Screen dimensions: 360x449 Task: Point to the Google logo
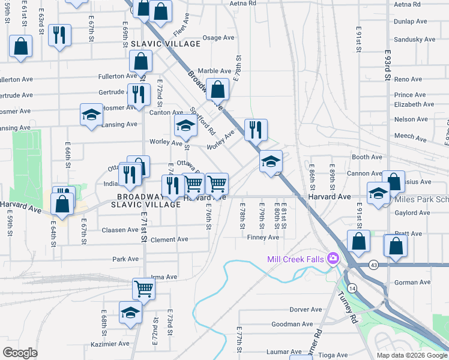coord(20,352)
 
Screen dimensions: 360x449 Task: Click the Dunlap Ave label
coord(411,21)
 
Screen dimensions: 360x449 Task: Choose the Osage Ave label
coord(218,37)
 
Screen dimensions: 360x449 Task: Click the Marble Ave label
coord(214,70)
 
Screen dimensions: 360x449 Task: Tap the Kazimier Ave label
coord(111,344)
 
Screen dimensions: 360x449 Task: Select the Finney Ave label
coord(263,237)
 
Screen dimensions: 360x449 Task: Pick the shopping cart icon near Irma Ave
coord(144,289)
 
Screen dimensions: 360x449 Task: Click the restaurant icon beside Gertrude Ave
coord(139,94)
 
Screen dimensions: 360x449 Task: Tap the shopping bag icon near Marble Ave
coord(217,89)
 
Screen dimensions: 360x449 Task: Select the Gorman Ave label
coord(412,282)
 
